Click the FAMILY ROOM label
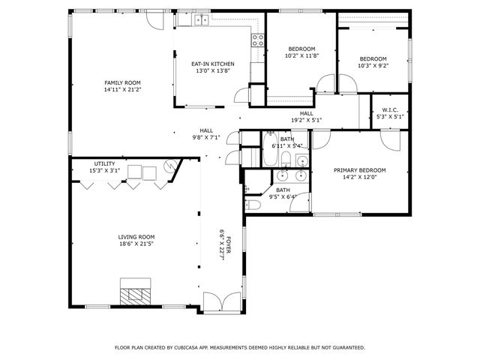(122, 82)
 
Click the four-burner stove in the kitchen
(258, 40)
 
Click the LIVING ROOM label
(136, 237)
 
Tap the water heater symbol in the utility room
(169, 166)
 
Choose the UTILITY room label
(104, 163)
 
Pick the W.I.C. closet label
(388, 109)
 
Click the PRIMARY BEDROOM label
(359, 170)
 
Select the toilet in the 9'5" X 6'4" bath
(253, 204)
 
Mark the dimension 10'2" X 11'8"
(301, 55)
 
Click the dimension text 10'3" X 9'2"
(373, 66)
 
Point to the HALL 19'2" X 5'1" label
(307, 117)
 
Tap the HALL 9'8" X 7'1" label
(206, 134)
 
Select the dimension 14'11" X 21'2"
(122, 89)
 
